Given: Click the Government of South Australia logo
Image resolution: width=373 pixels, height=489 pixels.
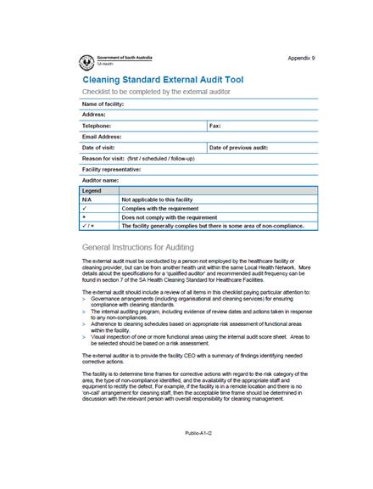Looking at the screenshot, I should pyautogui.click(x=86, y=60).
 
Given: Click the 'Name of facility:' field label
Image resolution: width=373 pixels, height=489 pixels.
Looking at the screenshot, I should pyautogui.click(x=103, y=104).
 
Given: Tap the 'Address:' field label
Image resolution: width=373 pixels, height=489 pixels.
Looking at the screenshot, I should pyautogui.click(x=93, y=114).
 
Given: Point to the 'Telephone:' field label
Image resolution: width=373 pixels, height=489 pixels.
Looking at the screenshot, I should pyautogui.click(x=97, y=125).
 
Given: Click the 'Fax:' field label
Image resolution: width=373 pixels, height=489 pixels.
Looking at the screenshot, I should pyautogui.click(x=215, y=125).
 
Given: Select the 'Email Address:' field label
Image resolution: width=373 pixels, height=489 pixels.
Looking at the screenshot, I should pyautogui.click(x=102, y=136).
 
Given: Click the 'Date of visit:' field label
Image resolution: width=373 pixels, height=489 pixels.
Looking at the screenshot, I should pyautogui.click(x=99, y=147).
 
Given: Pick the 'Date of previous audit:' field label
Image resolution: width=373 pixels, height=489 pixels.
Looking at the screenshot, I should pyautogui.click(x=238, y=147).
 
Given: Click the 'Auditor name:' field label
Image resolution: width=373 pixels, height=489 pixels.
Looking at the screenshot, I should pyautogui.click(x=100, y=180).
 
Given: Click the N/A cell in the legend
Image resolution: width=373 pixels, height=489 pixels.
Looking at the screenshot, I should pyautogui.click(x=87, y=199).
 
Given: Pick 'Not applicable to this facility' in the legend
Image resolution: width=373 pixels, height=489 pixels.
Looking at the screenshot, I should pyautogui.click(x=162, y=199).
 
